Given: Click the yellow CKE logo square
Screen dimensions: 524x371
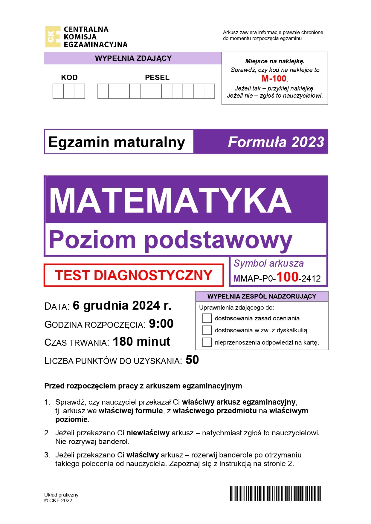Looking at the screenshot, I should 53,37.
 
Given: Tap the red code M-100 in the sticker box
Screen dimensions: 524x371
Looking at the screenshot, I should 274,79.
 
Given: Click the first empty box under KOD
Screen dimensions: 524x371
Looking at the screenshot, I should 58,91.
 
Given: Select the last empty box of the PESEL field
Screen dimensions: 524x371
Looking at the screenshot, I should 209,91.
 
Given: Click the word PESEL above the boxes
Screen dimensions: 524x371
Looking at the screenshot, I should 157,78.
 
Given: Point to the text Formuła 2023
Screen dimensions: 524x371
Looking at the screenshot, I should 276,142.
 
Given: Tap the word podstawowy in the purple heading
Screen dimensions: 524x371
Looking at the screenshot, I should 218,240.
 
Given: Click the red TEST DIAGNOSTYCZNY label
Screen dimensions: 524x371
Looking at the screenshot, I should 134,275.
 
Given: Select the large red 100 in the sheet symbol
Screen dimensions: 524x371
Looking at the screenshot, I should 287,277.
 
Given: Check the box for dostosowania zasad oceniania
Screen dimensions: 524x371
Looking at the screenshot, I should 207,318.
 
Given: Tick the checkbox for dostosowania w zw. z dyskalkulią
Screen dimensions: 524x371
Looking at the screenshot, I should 207,330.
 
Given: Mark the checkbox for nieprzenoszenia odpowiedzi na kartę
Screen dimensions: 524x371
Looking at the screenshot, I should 207,342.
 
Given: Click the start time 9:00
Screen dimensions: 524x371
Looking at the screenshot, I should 161,324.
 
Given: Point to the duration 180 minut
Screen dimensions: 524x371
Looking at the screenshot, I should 141,342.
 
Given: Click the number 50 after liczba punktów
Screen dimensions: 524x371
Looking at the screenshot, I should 192,360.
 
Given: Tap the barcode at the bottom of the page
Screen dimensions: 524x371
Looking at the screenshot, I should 275,493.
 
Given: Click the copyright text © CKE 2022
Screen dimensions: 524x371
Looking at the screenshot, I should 58,501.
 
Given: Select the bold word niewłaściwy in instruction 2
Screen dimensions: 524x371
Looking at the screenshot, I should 148,433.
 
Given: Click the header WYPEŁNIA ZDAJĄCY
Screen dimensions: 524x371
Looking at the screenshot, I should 133,58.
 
